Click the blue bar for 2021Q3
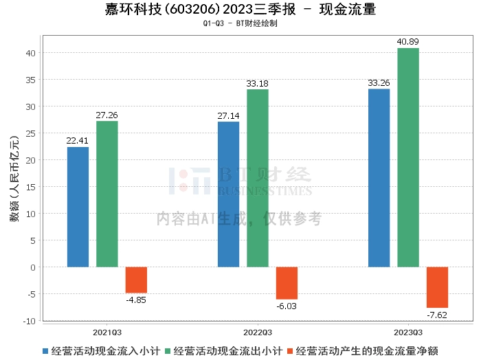78,207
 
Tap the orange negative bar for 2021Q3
136,280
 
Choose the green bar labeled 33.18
258,178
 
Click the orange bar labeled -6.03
287,283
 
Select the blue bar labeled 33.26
379,178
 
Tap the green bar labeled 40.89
408,157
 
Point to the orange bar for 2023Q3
437,287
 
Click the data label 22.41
78,141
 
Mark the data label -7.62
437,315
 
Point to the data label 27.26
107,115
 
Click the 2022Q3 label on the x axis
257,330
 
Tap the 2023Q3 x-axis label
407,330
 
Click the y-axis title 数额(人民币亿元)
14,180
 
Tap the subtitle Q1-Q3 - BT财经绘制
240,23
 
